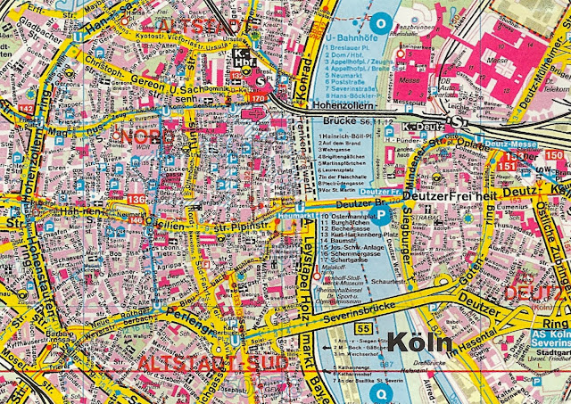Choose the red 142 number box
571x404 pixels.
[x=26, y=109]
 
